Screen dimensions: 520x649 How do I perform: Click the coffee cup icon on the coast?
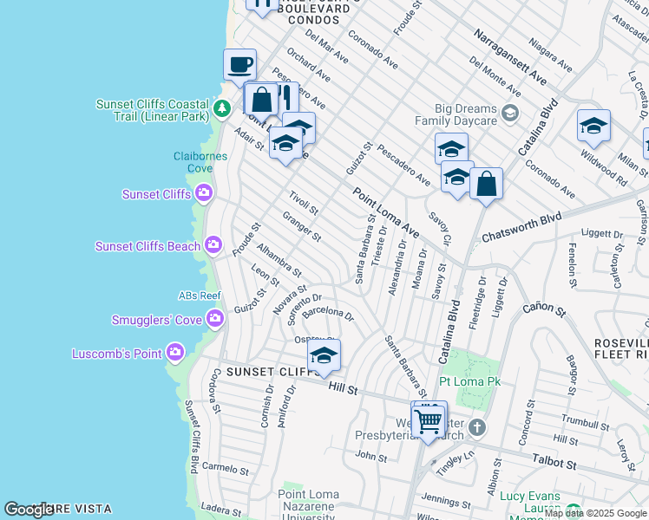pos(239,64)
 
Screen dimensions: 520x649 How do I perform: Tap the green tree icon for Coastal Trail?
pos(223,108)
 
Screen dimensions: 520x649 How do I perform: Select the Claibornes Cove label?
pos(200,162)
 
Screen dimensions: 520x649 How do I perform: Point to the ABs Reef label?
pos(200,296)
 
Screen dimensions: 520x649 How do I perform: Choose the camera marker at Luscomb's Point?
pos(175,353)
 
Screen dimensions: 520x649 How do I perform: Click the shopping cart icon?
pos(429,421)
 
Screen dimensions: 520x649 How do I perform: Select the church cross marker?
pos(477,427)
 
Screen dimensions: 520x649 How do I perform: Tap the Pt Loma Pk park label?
pos(467,380)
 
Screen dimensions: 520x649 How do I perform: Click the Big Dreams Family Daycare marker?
pos(510,112)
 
